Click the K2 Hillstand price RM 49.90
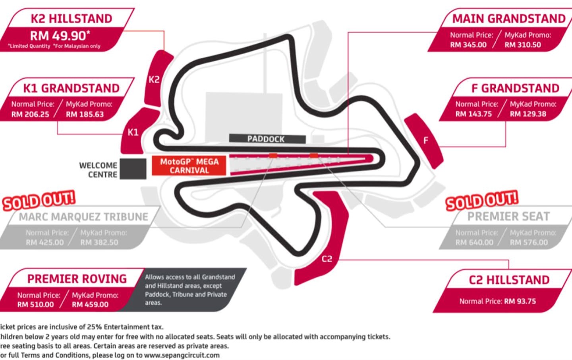[x=60, y=36]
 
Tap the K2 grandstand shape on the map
[x=156, y=79]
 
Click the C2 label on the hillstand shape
[x=327, y=259]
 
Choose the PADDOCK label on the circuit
[x=266, y=139]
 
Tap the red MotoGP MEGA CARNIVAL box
[x=189, y=166]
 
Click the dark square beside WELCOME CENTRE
[x=133, y=169]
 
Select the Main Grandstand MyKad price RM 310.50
[x=523, y=45]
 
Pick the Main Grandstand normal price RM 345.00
[x=468, y=45]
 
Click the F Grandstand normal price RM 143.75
[x=473, y=114]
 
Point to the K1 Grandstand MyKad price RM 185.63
[x=85, y=114]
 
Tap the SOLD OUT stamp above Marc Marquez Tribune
[x=39, y=200]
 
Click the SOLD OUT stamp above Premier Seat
[x=481, y=200]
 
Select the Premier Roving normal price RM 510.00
[x=35, y=304]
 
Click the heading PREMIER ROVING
[x=77, y=279]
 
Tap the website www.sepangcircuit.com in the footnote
[x=182, y=355]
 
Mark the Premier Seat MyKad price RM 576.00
[x=529, y=243]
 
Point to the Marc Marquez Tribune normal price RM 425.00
[x=44, y=243]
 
